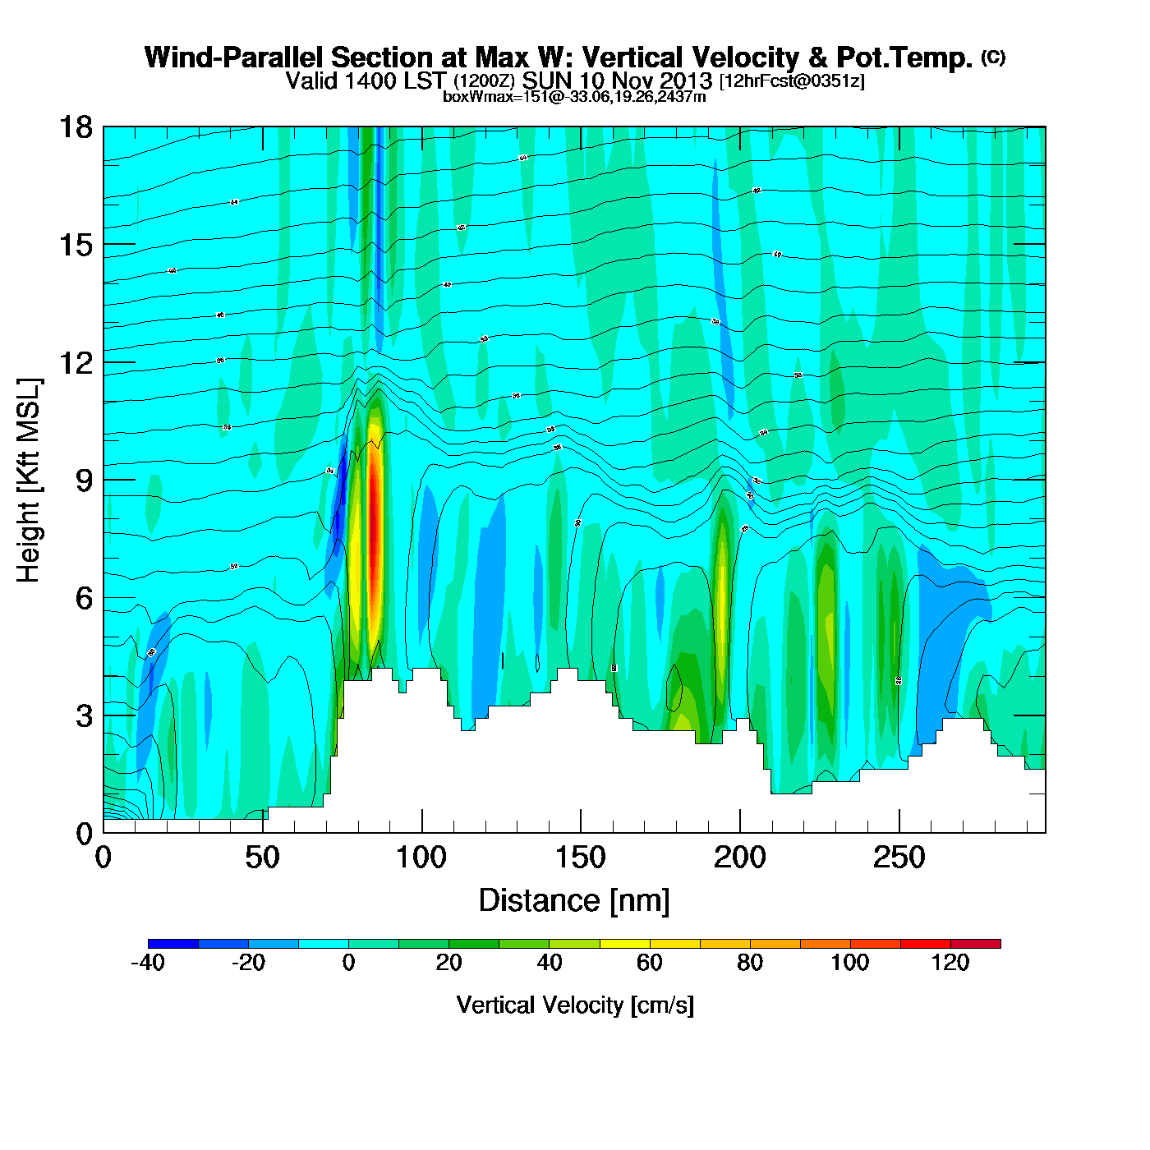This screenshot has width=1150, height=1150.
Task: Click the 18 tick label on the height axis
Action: pyautogui.click(x=76, y=127)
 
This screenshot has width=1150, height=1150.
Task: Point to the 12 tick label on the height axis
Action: pyautogui.click(x=76, y=362)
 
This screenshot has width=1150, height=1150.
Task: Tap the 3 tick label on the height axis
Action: pyautogui.click(x=84, y=715)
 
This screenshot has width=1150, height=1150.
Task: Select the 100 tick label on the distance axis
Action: pyautogui.click(x=421, y=858)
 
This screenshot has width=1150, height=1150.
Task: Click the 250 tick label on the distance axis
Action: pyautogui.click(x=899, y=858)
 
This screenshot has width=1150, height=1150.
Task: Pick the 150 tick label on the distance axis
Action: pyautogui.click(x=581, y=858)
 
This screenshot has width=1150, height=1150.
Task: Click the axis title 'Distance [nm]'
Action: pyautogui.click(x=574, y=901)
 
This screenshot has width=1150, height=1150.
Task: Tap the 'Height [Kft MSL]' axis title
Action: pyautogui.click(x=29, y=481)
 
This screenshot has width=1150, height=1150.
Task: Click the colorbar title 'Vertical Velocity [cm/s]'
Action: pyautogui.click(x=575, y=1005)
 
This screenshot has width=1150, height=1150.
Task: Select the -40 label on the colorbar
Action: pyautogui.click(x=148, y=963)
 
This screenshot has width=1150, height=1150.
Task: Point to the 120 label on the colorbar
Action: pyautogui.click(x=950, y=963)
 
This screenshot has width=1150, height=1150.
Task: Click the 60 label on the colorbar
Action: pyautogui.click(x=650, y=963)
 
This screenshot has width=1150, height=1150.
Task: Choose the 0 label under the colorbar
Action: pyautogui.click(x=349, y=963)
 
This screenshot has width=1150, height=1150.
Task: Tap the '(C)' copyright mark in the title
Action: pyautogui.click(x=993, y=57)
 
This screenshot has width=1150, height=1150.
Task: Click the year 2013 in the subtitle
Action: pyautogui.click(x=686, y=81)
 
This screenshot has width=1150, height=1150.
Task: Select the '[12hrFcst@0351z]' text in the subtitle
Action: pyautogui.click(x=792, y=81)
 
